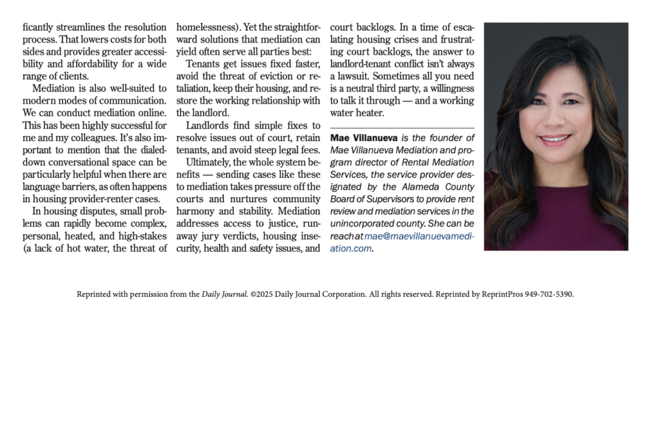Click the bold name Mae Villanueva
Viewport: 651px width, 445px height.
point(364,138)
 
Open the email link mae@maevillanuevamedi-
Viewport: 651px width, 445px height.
point(420,236)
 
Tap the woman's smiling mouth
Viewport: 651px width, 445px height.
point(556,139)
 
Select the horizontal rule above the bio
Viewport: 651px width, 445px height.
point(402,128)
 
